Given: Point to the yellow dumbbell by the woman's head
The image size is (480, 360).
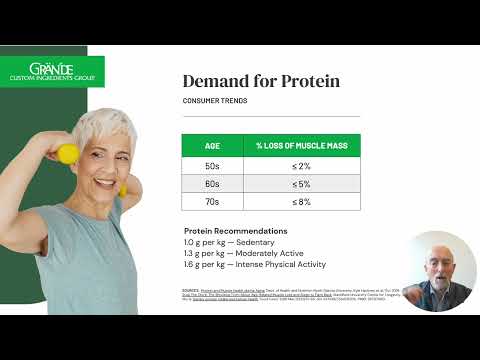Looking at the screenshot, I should point(68,153).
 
